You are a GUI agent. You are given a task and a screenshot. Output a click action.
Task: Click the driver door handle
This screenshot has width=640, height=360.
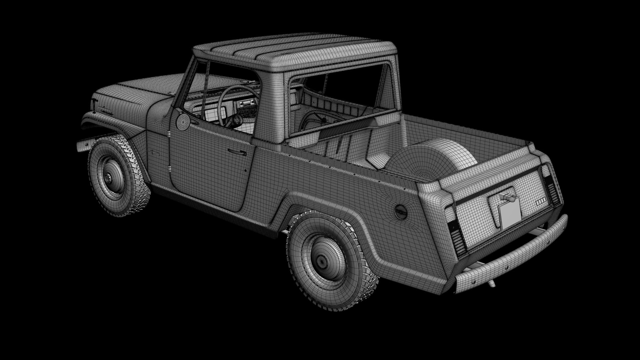[x=237, y=152]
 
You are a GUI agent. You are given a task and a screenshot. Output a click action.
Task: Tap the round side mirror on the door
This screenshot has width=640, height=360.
[x=182, y=122]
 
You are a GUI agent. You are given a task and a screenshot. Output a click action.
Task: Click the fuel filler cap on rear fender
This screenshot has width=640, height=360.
[x=400, y=212]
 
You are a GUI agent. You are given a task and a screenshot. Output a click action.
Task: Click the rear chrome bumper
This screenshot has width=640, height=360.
[x=513, y=257]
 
